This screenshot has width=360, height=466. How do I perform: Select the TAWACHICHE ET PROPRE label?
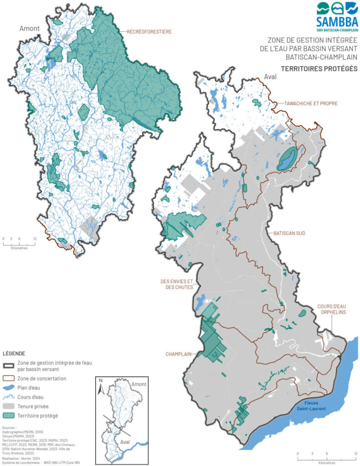pyautogui.click(x=311, y=103)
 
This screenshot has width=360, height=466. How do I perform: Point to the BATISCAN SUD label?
pyautogui.click(x=289, y=233)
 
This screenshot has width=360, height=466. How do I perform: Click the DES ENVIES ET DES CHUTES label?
pyautogui.click(x=177, y=284)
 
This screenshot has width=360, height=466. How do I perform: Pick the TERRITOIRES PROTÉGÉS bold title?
pyautogui.click(x=319, y=69)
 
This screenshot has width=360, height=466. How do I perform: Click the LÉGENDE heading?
pyautogui.click(x=14, y=353)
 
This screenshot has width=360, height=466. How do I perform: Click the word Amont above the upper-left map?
pyautogui.click(x=28, y=28)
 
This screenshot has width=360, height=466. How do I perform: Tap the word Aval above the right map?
pyautogui.click(x=264, y=77)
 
